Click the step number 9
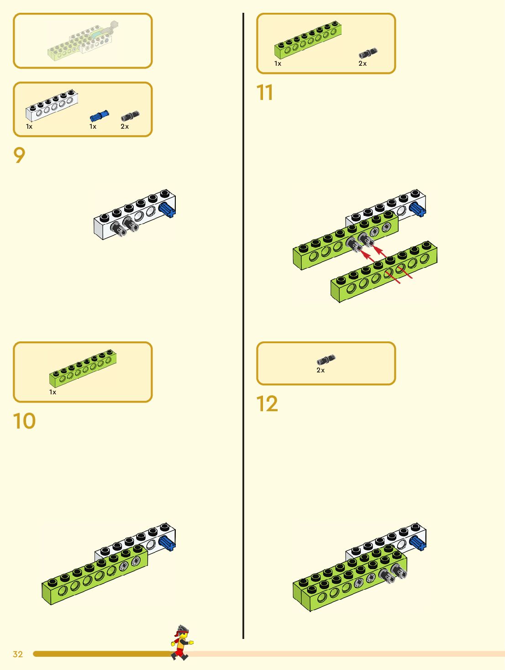tap(19, 156)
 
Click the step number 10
tap(24, 421)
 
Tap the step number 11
tap(265, 93)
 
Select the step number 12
tap(267, 404)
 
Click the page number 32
tap(18, 654)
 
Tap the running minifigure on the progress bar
tap(182, 643)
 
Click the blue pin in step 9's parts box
tap(99, 116)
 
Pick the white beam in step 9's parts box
tap(51, 105)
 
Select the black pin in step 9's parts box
tap(130, 116)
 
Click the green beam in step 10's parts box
tap(83, 368)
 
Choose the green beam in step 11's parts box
tap(308, 40)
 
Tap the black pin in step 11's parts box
tap(368, 53)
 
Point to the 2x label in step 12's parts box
tap(321, 370)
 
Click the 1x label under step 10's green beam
tap(53, 392)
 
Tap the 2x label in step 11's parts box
tap(363, 63)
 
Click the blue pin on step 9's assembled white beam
tap(168, 210)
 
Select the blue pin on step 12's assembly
tap(418, 543)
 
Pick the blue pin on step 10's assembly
tap(167, 543)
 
